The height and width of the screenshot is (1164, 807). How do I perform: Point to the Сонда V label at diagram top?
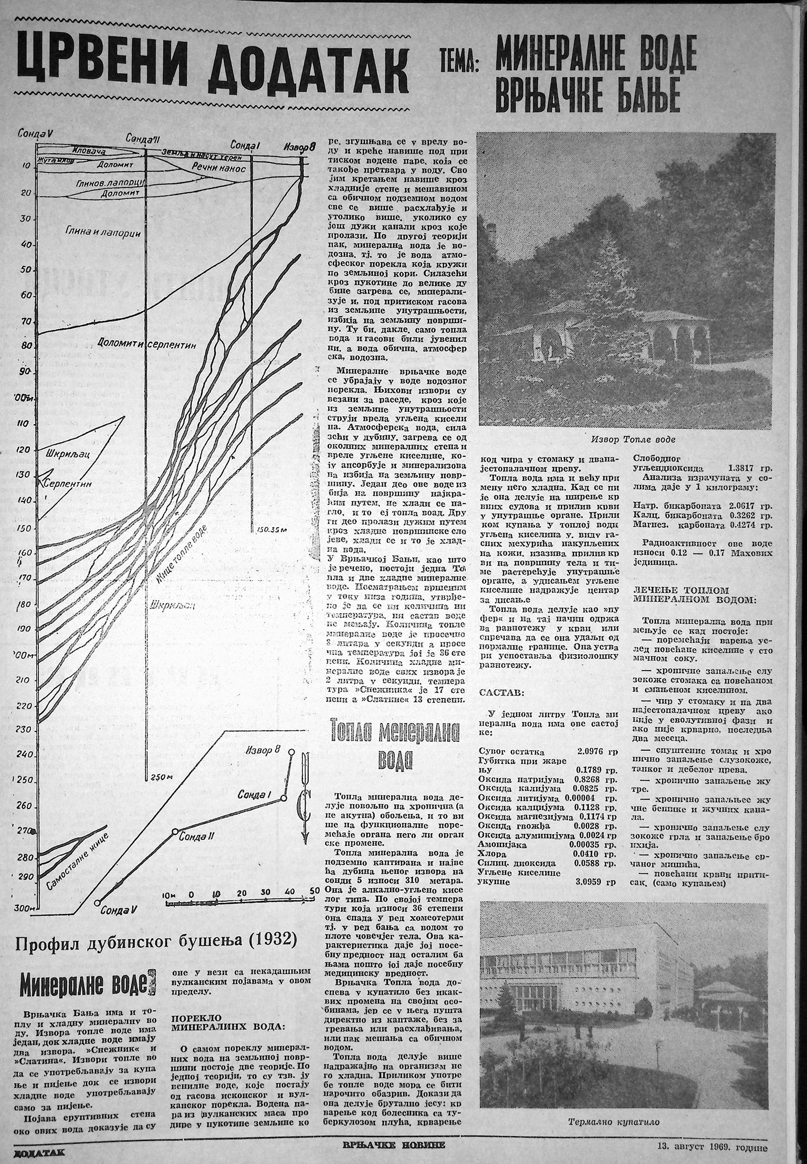35,133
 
